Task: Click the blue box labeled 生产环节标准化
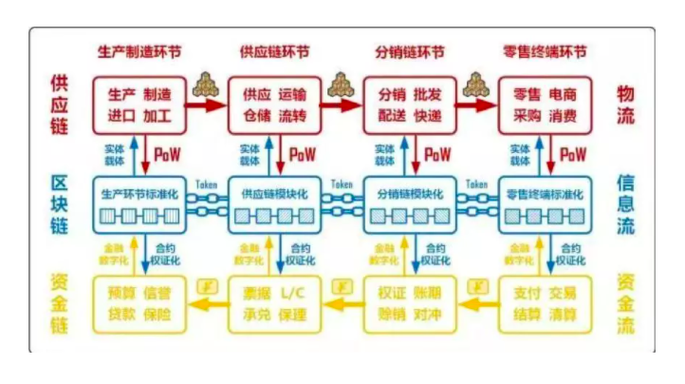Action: (x=140, y=204)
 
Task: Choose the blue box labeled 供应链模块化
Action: (x=275, y=204)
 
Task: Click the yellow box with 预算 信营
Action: (x=140, y=302)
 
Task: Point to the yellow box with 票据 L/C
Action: (x=275, y=302)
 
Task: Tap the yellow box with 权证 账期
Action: (x=410, y=302)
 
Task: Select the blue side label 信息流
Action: (x=626, y=204)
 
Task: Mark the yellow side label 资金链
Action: (x=59, y=302)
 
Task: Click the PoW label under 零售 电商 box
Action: (x=572, y=154)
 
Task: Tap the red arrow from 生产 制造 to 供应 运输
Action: (x=207, y=106)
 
